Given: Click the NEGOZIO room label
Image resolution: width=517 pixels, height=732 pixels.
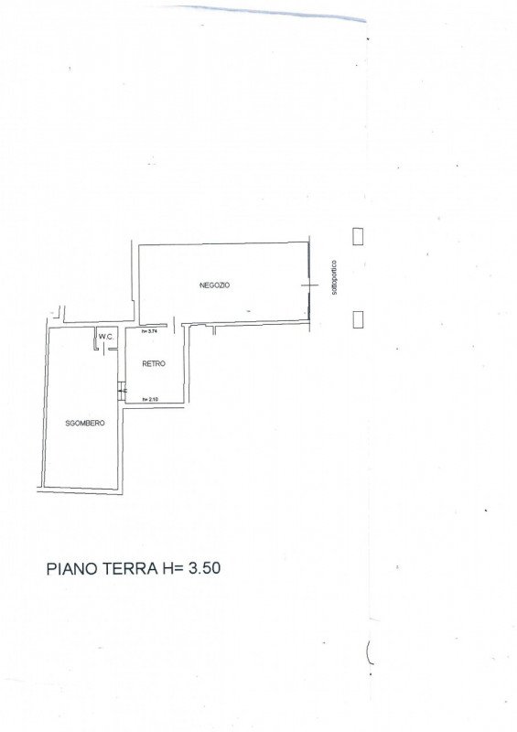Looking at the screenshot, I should [215, 285].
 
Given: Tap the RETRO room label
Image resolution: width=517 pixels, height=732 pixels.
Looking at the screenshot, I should [153, 364].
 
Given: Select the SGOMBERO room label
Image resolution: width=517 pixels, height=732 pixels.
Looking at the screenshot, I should [85, 423].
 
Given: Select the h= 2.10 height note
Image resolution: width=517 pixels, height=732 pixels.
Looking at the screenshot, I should [150, 399].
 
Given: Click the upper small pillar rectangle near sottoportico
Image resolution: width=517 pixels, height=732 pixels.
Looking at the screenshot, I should [359, 235].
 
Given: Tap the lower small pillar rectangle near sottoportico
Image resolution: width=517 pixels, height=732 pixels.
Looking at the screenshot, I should [359, 318].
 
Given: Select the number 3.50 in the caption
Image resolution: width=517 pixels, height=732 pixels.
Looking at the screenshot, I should [203, 568].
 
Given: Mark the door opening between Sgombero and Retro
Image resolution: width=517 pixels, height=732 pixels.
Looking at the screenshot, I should [124, 391].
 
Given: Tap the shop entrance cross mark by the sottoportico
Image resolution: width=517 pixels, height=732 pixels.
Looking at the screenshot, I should [302, 286].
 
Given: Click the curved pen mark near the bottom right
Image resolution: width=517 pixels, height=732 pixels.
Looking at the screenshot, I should [369, 653].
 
